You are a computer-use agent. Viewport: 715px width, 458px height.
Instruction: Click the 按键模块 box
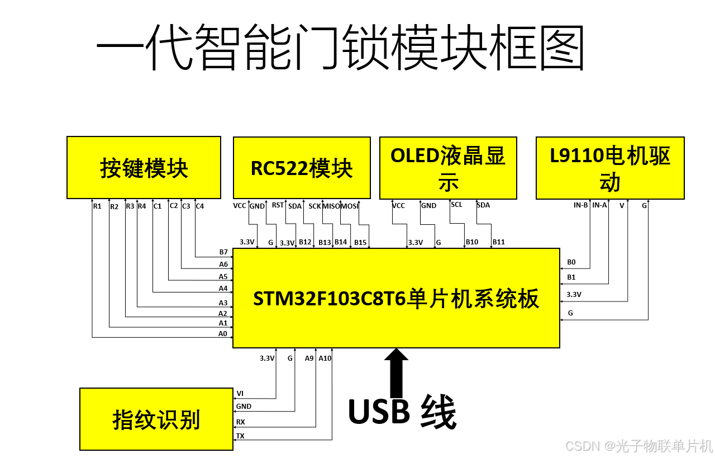[x=144, y=168]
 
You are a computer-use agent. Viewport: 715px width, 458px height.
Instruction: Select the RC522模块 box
[x=302, y=168]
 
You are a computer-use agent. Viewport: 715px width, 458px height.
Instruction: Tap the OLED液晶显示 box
[x=448, y=168]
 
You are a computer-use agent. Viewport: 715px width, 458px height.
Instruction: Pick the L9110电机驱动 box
[x=610, y=168]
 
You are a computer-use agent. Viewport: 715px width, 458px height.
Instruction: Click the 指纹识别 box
[x=156, y=419]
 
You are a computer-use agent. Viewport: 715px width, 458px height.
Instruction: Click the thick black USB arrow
[x=397, y=372]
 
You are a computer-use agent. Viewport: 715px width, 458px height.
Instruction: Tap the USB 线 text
[x=402, y=413]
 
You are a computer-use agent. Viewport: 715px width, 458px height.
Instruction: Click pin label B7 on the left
[x=223, y=253]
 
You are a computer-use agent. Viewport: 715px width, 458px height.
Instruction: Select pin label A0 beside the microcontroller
[x=223, y=334]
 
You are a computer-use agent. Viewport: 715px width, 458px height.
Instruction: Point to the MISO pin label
[x=331, y=206]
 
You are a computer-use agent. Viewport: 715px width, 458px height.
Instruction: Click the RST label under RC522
[x=278, y=205]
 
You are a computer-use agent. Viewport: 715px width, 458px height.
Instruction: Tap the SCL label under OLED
[x=456, y=205]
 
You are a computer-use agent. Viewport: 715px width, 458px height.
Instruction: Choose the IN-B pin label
[x=580, y=205]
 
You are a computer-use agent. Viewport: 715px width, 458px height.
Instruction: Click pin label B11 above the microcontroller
[x=498, y=242]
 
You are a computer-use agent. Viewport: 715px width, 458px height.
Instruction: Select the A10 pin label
[x=325, y=358]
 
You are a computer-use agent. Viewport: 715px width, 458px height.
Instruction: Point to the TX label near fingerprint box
[x=240, y=436]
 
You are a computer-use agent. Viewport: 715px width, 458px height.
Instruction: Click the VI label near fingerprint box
[x=240, y=394]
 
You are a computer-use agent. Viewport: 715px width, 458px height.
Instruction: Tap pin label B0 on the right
[x=571, y=262]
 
